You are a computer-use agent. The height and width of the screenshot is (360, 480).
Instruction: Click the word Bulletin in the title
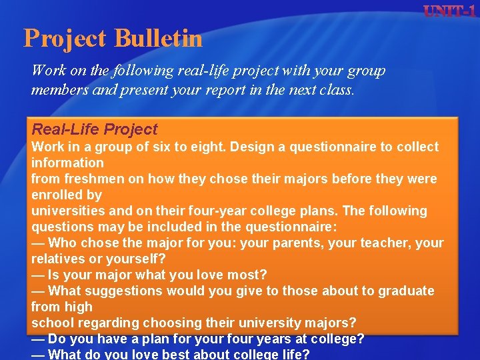[158, 38]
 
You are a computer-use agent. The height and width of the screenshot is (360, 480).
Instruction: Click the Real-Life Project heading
[95, 129]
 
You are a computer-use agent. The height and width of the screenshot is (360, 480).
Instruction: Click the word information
[67, 163]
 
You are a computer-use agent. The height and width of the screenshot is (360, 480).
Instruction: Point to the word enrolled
[56, 195]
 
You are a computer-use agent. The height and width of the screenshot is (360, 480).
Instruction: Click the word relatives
[58, 259]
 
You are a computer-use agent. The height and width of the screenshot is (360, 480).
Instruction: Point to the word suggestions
[124, 291]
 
